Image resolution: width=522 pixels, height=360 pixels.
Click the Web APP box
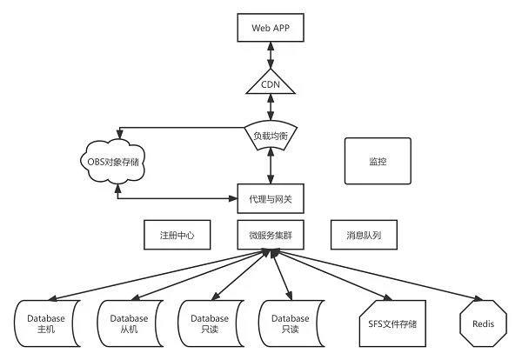pos(271,28)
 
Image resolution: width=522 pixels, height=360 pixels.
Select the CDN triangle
pos(271,84)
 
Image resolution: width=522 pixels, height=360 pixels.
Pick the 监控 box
pos(377,160)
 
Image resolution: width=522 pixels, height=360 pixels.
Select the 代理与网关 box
pos(271,199)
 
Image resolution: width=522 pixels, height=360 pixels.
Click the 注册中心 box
pos(177,235)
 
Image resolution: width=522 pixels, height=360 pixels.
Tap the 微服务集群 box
pos(271,235)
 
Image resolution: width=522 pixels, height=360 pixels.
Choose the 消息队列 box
pos(365,235)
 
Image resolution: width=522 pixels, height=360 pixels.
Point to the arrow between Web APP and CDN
pos(271,56)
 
